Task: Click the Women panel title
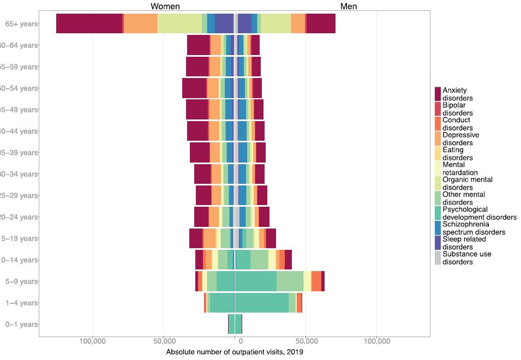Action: coord(165,6)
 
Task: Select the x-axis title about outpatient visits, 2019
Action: coord(234,352)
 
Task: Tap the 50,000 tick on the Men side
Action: coord(306,341)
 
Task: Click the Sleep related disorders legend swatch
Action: coord(438,242)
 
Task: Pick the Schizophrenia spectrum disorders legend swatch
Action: coord(438,227)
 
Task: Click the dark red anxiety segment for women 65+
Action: coord(89,24)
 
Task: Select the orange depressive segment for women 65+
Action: coord(141,24)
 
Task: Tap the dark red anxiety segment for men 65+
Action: coord(321,24)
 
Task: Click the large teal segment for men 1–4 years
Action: coord(262,303)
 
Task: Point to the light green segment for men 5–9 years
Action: coord(290,281)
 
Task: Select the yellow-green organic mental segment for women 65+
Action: coord(179,24)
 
